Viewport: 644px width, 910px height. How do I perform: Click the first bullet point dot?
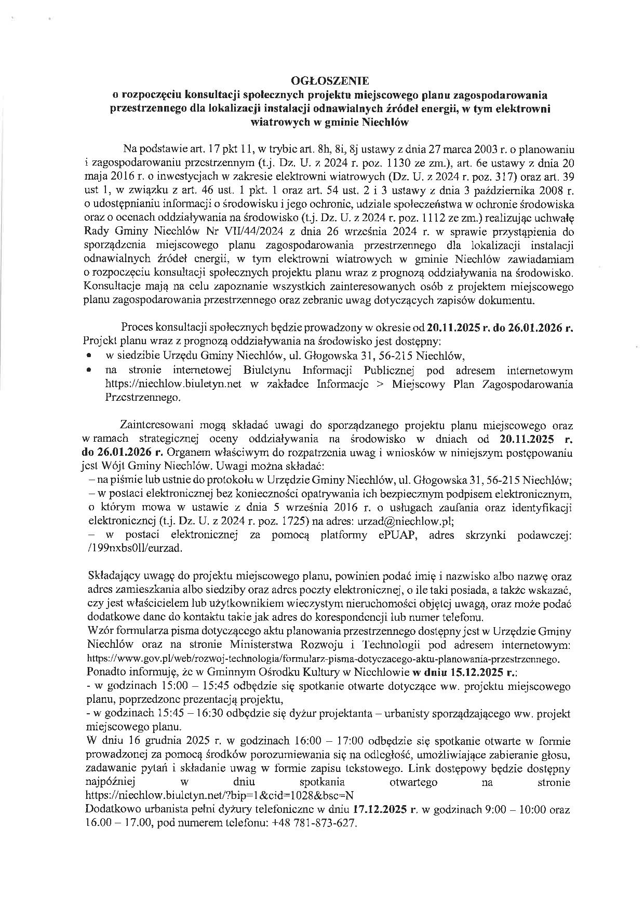pyautogui.click(x=91, y=357)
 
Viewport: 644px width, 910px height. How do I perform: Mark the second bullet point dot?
pyautogui.click(x=91, y=371)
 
